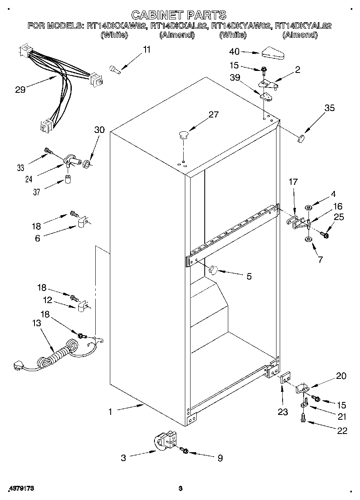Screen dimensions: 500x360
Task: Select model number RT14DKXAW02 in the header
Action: coord(117,26)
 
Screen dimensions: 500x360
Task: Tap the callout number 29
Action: coord(20,90)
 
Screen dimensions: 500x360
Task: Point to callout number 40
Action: coord(234,51)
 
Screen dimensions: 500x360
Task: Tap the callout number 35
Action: coord(329,108)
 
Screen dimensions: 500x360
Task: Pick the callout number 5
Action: coord(249,276)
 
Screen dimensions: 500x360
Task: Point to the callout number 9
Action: coord(220,458)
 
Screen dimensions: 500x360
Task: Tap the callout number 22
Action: coord(342,431)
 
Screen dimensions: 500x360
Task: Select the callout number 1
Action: coord(110,412)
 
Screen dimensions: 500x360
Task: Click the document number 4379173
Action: coord(20,489)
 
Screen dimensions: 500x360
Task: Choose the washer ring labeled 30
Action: coord(86,165)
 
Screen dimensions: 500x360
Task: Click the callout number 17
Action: coord(294,182)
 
